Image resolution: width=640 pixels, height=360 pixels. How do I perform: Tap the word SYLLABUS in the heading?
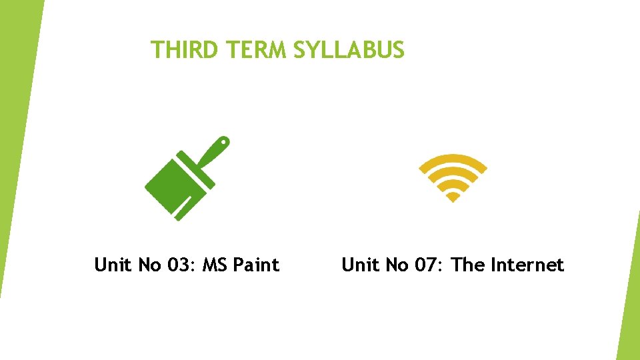click(x=349, y=50)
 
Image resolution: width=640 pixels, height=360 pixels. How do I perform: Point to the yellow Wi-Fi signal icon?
click(x=453, y=177)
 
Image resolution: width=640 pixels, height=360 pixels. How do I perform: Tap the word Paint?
click(x=257, y=265)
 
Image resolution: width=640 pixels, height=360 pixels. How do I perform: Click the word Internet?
click(x=527, y=265)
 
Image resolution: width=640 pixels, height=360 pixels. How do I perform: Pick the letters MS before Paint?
click(x=215, y=265)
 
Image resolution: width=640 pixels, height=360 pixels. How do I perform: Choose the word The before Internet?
click(x=468, y=265)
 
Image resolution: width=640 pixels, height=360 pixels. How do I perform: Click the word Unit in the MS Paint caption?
click(x=113, y=265)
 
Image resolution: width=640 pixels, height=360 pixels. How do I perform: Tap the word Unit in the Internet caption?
click(x=359, y=265)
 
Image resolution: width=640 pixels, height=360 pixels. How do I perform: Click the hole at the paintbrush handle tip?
click(x=224, y=141)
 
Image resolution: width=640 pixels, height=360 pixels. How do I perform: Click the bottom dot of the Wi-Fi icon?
click(x=453, y=197)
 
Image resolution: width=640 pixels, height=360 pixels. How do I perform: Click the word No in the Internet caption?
click(x=396, y=265)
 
